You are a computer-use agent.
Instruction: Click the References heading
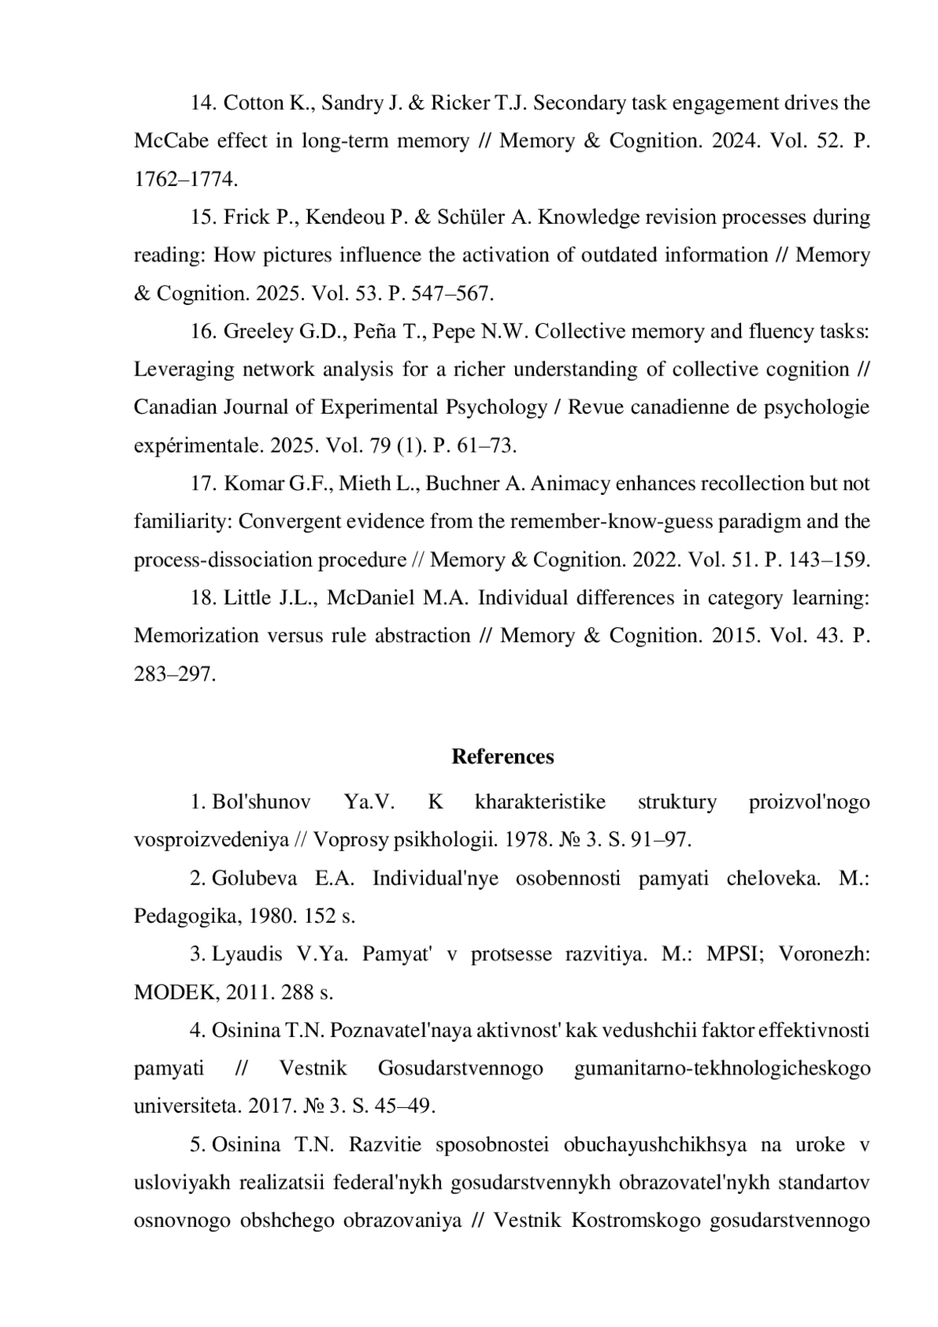503,757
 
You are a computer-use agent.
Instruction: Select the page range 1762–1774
185,179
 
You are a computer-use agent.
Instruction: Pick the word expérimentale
199,446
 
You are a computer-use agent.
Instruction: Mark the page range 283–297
174,674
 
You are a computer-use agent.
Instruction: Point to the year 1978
528,841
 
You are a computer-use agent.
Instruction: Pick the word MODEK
173,993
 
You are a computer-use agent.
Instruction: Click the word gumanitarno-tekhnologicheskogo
721,1069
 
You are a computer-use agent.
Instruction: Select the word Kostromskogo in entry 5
635,1221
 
